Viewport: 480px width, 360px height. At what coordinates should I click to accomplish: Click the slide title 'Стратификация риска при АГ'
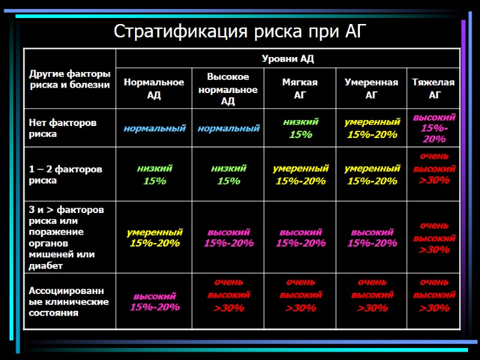click(239, 30)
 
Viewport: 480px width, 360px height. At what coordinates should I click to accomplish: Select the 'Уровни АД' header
click(287, 58)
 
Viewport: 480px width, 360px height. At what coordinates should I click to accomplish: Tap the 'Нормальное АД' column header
click(154, 89)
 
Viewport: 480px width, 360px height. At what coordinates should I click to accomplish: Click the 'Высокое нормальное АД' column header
click(228, 89)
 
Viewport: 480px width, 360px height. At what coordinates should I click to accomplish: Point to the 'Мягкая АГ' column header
click(300, 89)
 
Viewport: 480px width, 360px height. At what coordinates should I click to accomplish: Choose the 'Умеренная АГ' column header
click(371, 89)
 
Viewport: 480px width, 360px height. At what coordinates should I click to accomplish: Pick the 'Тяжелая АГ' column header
click(433, 89)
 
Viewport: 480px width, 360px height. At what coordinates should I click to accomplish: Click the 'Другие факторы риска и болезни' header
click(70, 79)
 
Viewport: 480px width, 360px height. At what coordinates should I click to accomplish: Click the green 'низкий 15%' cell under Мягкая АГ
click(301, 128)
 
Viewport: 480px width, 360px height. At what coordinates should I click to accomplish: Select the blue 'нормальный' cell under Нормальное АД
click(154, 128)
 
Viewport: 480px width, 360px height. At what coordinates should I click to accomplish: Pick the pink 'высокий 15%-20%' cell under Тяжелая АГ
click(434, 128)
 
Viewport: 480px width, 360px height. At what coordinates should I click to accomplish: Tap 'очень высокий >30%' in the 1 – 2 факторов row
click(434, 169)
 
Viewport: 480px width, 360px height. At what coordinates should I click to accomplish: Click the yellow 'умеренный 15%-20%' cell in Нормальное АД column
click(154, 238)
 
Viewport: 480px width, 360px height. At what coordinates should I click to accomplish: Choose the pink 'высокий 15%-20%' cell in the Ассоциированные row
click(154, 302)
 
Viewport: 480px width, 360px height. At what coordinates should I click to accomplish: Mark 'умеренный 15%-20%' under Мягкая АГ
click(301, 175)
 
